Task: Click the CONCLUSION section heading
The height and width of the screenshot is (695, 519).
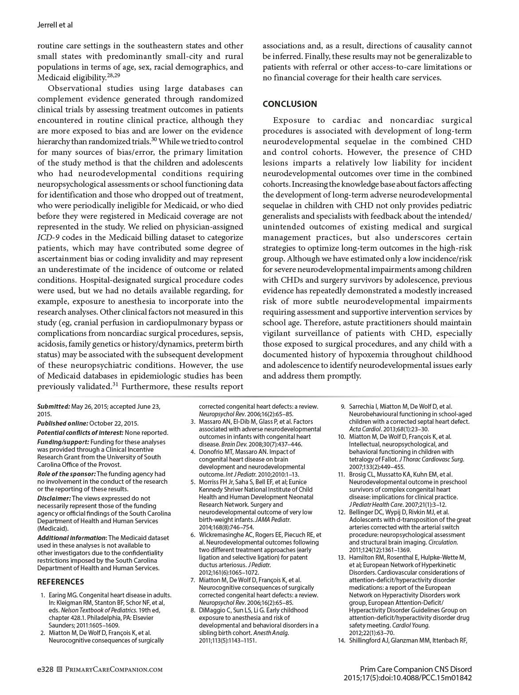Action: coord(290,104)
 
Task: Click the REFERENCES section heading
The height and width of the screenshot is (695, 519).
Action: coord(60,581)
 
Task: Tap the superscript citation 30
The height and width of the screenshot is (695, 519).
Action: coord(154,139)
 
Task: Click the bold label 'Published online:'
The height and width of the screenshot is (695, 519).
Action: coord(63,423)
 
